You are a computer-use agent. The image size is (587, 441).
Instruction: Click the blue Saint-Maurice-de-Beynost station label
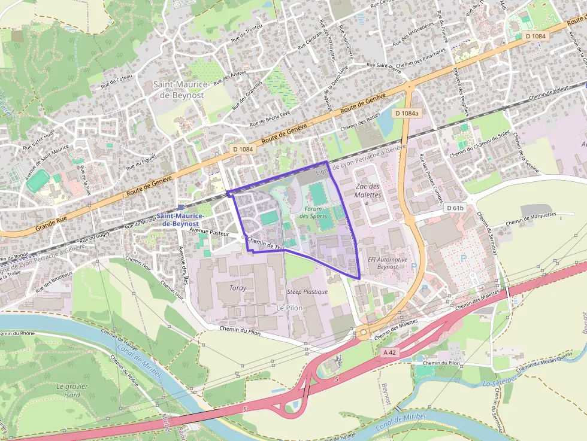180,219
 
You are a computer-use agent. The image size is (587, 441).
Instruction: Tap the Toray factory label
238,288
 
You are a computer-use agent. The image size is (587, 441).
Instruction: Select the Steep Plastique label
307,291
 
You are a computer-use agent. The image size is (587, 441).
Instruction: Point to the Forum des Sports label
312,212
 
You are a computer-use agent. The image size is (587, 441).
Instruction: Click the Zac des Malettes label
368,190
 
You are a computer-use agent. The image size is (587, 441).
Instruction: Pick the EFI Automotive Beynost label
388,263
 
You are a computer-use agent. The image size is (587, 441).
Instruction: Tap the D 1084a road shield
407,112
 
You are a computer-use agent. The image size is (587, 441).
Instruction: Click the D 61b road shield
455,208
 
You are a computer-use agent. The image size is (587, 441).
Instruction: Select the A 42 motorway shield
389,353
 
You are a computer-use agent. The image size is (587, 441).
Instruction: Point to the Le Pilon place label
289,307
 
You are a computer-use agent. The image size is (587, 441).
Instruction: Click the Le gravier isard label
72,390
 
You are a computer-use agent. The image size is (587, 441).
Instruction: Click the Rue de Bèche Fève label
270,118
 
